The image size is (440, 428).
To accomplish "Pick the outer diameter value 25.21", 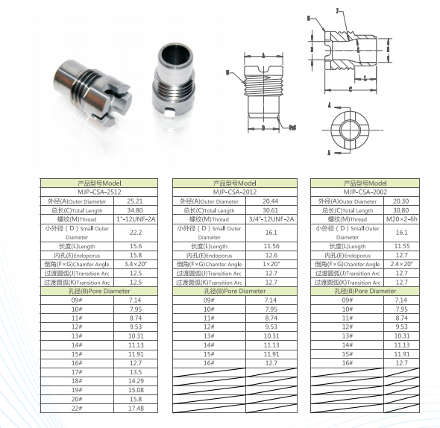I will (135, 201).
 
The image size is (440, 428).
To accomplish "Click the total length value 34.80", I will (135, 210).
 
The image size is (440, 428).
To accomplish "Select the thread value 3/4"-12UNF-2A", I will (271, 219).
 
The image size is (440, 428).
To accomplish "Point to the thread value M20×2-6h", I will (402, 219).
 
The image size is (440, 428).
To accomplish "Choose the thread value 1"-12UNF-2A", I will (135, 219).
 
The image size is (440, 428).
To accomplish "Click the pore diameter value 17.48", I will (135, 408).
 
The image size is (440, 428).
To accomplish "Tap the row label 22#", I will (76, 408).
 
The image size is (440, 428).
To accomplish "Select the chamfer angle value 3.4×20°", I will (135, 264).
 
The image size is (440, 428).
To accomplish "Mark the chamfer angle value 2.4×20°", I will (402, 264).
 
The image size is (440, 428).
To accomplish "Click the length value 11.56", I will (271, 246).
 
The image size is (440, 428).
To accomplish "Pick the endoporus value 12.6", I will (271, 255).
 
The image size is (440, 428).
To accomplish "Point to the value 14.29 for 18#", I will (135, 380).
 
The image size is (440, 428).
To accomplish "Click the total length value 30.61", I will (271, 210).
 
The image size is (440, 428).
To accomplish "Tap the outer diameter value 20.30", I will (402, 201).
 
